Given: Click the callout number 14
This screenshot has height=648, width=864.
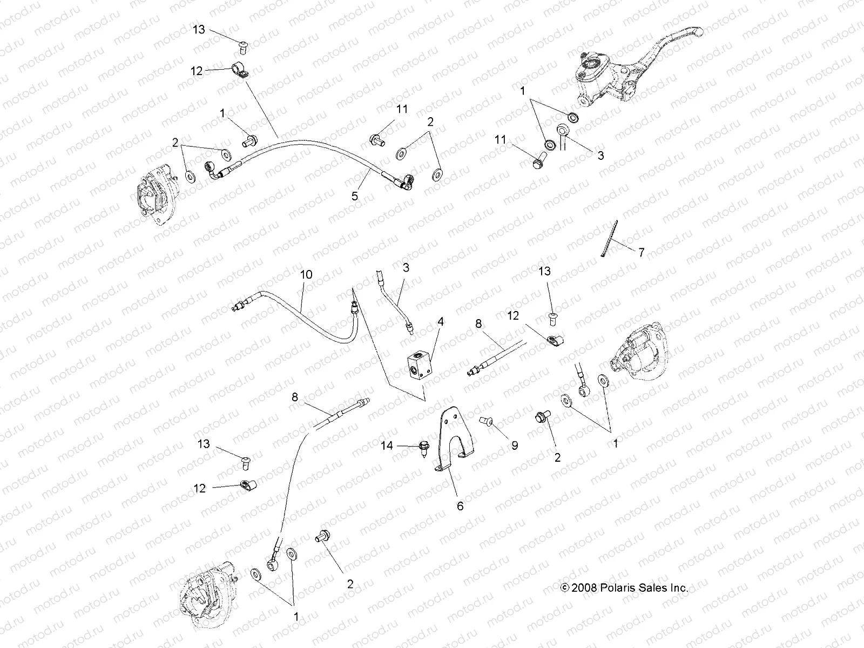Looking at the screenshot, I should [x=387, y=446].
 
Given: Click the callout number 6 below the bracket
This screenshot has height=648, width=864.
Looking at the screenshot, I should [x=460, y=506].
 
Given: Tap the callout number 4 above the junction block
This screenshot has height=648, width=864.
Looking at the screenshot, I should [x=441, y=322].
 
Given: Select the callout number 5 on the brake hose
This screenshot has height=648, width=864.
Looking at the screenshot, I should [x=355, y=196].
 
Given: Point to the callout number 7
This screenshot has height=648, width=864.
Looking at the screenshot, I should [x=641, y=252].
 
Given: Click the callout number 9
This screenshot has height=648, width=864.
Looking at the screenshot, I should [x=515, y=446].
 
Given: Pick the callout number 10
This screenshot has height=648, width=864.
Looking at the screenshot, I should [x=306, y=274].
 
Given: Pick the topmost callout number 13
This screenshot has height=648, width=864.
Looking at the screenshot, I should [x=199, y=29].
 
